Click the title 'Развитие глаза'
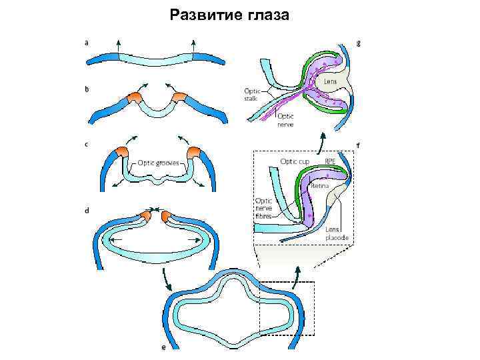tap(229, 14)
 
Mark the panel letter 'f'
tap(359, 144)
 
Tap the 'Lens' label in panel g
tap(330, 81)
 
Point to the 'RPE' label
tap(331, 161)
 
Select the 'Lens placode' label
tap(337, 233)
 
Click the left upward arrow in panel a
tap(118, 46)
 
